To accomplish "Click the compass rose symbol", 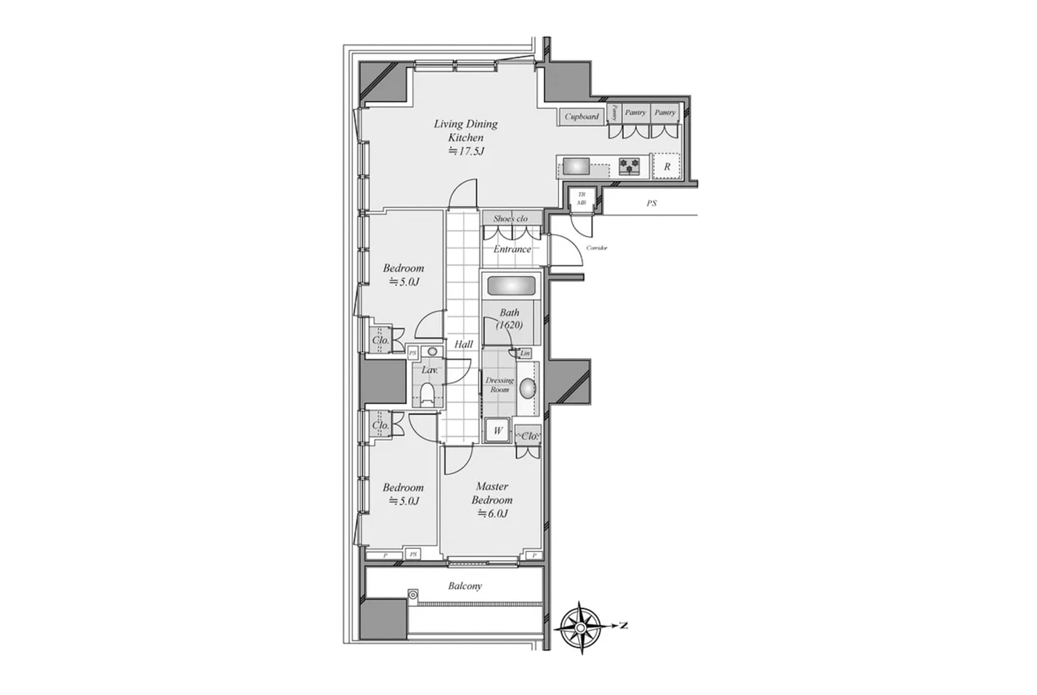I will (580, 627).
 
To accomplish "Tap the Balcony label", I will (465, 586).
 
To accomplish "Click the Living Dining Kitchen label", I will (465, 130).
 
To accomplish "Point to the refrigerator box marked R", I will (667, 167).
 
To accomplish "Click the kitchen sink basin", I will (576, 166).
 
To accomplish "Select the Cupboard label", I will (581, 116).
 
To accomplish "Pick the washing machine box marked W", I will (498, 431).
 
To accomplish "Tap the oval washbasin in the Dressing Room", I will (528, 388).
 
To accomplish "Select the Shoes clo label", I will (510, 218).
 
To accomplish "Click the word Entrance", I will (512, 249).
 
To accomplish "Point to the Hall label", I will (464, 344).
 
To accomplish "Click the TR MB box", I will (581, 198).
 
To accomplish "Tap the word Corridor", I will (597, 248).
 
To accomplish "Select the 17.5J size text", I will (466, 151).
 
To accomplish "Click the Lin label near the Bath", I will (525, 353).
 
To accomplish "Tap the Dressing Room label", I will (499, 385).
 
